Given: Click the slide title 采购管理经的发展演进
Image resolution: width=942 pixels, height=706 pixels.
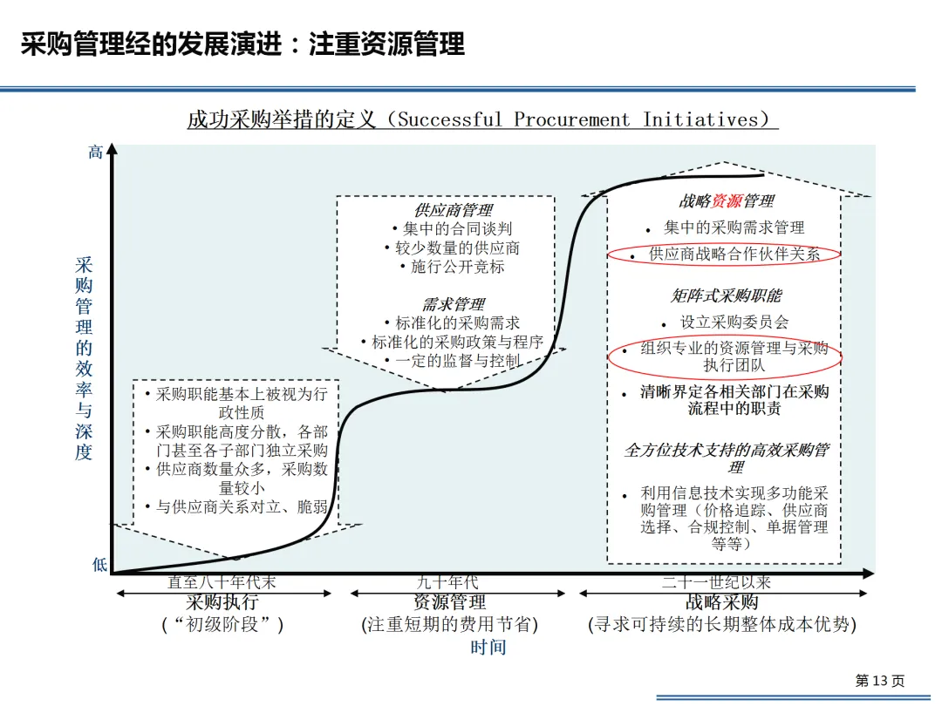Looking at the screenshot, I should pos(242,43).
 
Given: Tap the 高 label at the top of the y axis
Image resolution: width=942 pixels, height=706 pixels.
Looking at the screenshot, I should pos(96,153).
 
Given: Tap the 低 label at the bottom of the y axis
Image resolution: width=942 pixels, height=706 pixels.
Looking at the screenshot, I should pos(99,565).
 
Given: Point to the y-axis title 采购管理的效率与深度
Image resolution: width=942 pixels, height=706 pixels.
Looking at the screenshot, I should pos(84,358).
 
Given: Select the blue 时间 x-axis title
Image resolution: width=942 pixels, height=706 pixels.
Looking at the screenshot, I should pos(488,647).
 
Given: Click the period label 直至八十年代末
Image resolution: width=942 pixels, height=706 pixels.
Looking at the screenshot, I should pos(222,582).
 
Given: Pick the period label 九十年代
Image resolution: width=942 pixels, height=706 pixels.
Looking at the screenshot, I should pos(448,582).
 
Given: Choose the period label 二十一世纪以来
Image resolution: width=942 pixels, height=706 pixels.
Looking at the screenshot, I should pos(716,582).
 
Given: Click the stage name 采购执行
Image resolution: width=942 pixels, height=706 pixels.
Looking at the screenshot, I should pos(222,602).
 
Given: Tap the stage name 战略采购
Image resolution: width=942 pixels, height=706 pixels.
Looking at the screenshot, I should pos(722,602).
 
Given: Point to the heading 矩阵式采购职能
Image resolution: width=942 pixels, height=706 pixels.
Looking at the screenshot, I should pos(726,296).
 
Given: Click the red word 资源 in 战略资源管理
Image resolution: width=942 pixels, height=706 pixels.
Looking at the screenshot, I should pos(727,201).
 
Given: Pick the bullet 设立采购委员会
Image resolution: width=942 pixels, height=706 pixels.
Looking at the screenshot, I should pos(734,322).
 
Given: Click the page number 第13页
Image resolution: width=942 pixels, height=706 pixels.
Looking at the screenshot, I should pos(879,681).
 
